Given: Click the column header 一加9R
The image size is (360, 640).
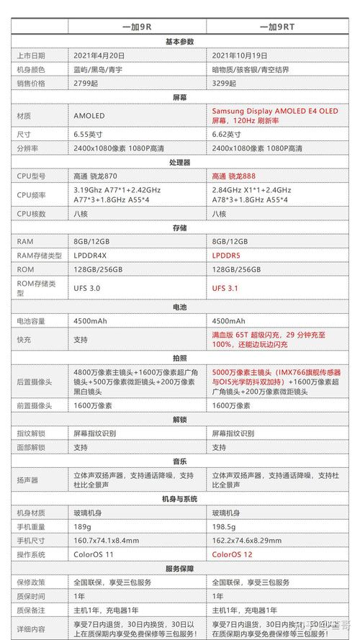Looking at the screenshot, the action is (137, 27).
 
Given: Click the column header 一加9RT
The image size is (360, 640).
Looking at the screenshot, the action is (278, 27).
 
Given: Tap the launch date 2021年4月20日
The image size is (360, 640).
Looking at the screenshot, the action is (99, 55).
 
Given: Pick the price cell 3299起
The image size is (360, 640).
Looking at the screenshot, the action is (226, 83).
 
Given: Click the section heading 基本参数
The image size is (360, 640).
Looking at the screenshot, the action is (180, 41).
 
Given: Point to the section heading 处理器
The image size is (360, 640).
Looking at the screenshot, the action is (180, 162).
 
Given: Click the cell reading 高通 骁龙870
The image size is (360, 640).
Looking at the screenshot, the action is (96, 176).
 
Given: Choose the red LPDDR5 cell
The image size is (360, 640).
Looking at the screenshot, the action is (226, 256).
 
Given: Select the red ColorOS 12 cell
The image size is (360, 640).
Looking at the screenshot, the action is (233, 554).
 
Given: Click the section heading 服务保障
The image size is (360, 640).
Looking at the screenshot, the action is (180, 568).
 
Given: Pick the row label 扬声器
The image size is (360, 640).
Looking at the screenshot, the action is (28, 479).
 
